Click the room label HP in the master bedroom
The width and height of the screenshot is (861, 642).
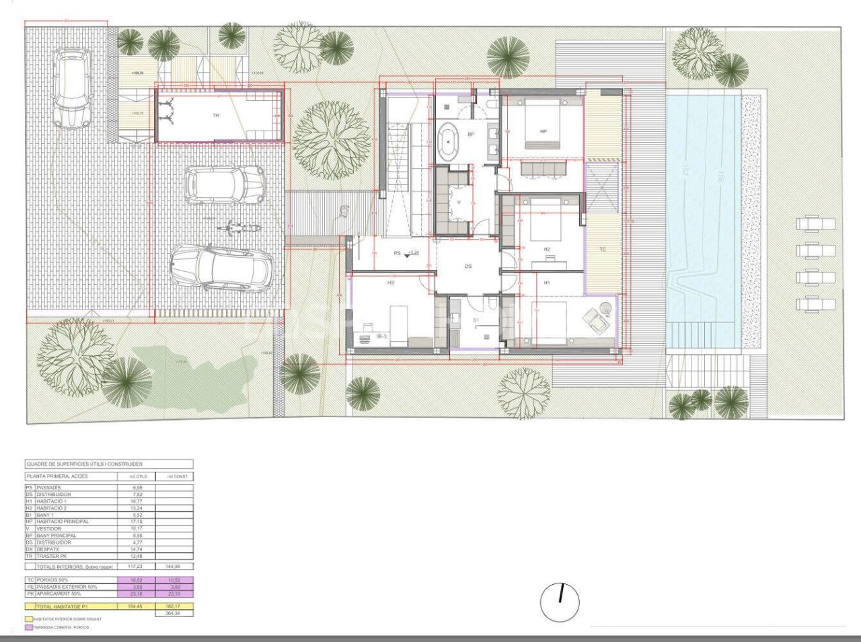point(544,131)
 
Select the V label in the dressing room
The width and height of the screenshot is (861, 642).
point(459,203)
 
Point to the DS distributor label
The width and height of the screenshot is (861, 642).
point(468,266)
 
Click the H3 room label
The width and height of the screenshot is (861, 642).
point(390,283)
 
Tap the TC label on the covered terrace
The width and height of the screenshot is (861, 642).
point(603,250)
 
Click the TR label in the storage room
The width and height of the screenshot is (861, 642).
point(216,116)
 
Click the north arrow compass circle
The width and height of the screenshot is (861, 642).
point(560,602)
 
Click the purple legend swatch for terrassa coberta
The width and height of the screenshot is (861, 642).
point(29,627)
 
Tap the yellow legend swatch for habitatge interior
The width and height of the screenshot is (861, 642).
point(29,619)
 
